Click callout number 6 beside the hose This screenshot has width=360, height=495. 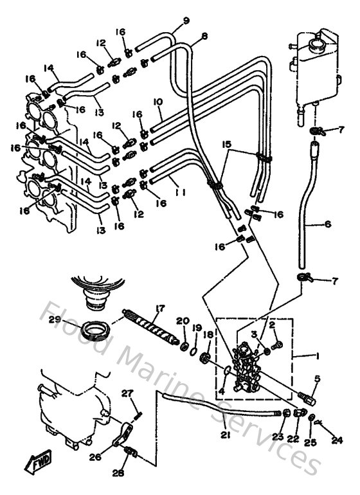coord(328,224)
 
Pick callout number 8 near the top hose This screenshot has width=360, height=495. coord(204,37)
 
